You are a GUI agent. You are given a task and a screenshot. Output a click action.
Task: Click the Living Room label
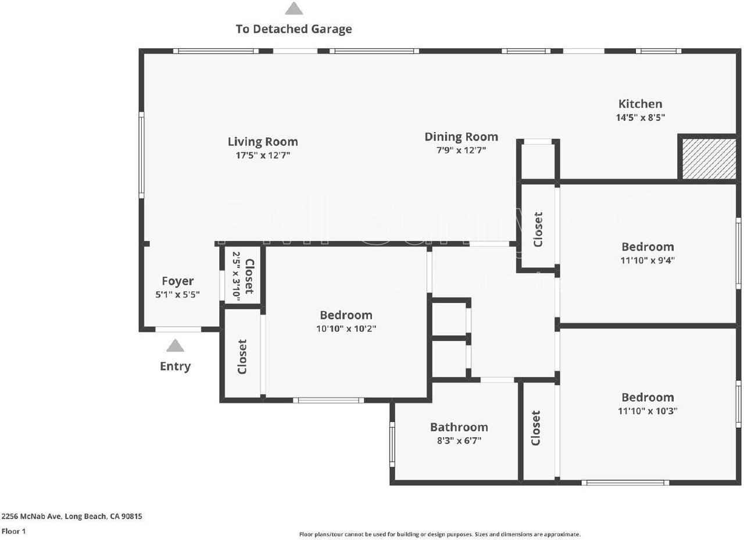(x=263, y=141)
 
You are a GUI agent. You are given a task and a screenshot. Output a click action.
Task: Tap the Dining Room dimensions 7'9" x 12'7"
(x=461, y=151)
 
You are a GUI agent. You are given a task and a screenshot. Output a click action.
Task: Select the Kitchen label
(x=640, y=104)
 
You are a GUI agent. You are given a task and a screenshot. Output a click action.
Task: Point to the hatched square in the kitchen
(x=709, y=159)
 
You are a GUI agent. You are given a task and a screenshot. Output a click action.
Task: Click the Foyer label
(x=177, y=281)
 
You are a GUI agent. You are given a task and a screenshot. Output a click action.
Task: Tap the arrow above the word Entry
(x=175, y=346)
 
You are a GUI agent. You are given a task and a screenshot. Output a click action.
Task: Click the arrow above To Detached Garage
(x=294, y=8)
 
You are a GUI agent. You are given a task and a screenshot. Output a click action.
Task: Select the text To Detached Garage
(x=294, y=28)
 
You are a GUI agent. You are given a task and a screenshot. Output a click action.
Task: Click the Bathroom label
(x=459, y=427)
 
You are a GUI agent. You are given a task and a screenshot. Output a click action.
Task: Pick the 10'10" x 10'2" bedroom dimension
(x=346, y=328)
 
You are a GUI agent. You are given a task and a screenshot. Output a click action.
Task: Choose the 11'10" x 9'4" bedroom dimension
(x=648, y=260)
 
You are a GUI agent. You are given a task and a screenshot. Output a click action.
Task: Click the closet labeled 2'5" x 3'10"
(x=244, y=276)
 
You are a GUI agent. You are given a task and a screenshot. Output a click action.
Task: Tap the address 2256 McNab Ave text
(x=71, y=516)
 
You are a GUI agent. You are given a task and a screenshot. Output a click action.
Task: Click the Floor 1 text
(x=13, y=531)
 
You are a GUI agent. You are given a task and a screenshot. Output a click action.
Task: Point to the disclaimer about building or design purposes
(x=439, y=534)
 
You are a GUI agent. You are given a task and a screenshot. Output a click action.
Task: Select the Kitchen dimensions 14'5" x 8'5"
(x=640, y=117)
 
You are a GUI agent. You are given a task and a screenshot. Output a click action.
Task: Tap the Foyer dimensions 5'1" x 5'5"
(x=177, y=295)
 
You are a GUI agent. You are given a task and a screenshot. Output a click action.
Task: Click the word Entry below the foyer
(x=175, y=366)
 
